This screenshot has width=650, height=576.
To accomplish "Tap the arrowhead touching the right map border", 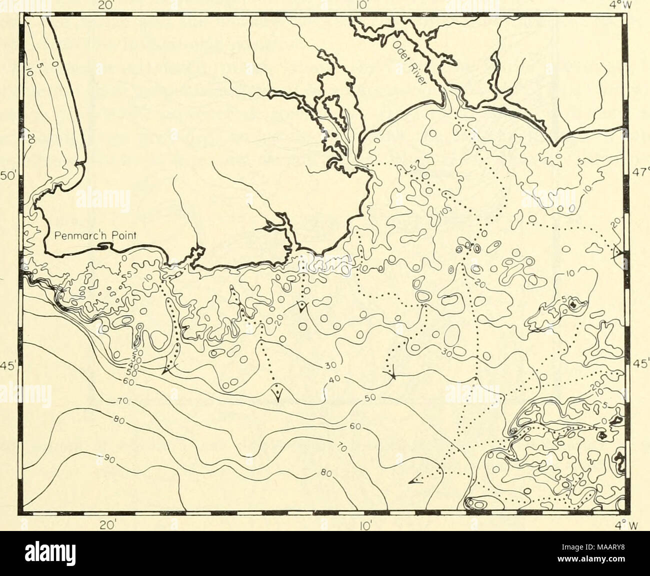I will [618, 253].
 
